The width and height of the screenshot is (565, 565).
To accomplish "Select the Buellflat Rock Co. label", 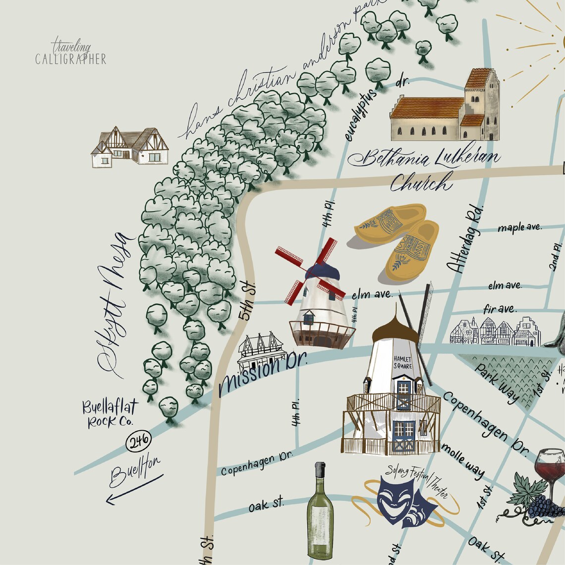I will [x=110, y=414].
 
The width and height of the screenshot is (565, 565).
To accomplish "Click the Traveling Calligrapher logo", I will [x=71, y=54].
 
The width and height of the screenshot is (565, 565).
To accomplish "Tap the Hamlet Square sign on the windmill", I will [x=402, y=362].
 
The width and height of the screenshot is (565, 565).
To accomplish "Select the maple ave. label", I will [x=519, y=228].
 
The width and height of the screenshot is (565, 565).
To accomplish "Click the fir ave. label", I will [x=499, y=309].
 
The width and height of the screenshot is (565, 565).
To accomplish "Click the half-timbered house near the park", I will [x=130, y=147].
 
